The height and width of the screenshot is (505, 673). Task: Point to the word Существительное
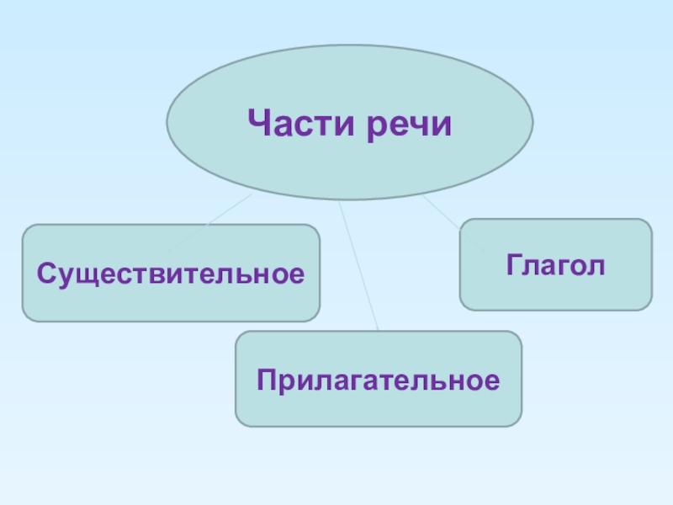pyautogui.click(x=171, y=273)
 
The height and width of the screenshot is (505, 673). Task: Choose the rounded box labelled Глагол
pyautogui.click(x=555, y=286)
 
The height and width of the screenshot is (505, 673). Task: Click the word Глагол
pyautogui.click(x=555, y=265)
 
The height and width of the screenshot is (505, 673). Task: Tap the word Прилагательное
pyautogui.click(x=378, y=380)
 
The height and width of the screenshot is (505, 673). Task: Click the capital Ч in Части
pyautogui.click(x=258, y=125)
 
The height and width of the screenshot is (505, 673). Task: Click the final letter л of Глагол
pyautogui.click(x=598, y=267)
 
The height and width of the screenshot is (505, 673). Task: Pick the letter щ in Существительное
pyautogui.click(x=94, y=274)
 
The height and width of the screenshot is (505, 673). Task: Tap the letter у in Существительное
pyautogui.click(x=61, y=275)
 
